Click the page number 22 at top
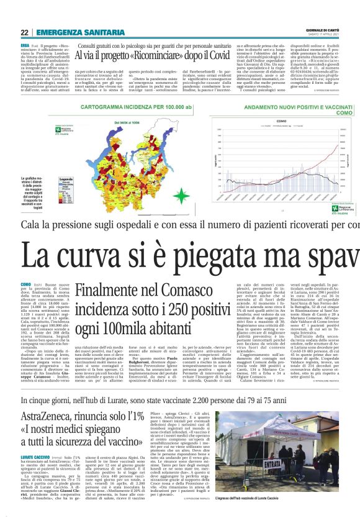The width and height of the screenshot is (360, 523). point(24,33)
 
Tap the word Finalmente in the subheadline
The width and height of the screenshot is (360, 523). point(108,290)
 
